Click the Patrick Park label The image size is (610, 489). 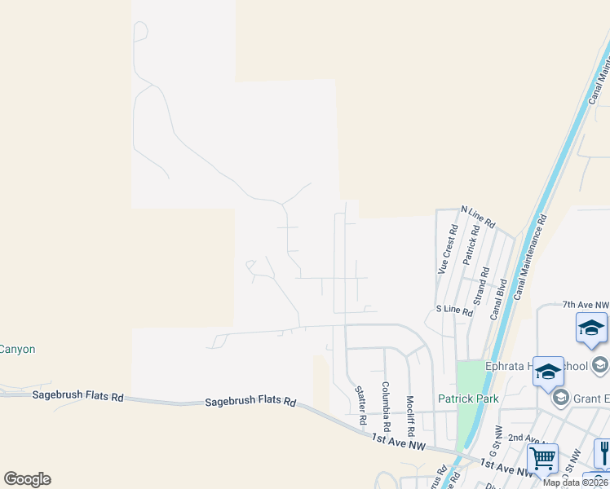click(x=468, y=399)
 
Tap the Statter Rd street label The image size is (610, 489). click(x=361, y=405)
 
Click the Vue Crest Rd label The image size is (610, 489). click(x=445, y=250)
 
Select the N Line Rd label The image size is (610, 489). click(x=478, y=216)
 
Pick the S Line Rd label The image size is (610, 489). click(x=454, y=311)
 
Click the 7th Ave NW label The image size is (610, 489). click(x=585, y=304)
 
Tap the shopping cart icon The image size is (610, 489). click(x=542, y=458)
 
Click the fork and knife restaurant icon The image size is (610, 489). click(x=604, y=452)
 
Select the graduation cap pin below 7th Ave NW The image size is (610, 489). click(x=591, y=328)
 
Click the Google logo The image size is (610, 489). click(x=27, y=479)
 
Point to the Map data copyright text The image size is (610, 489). click(x=576, y=482)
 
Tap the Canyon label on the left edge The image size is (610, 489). click(x=17, y=349)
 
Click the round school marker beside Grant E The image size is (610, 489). click(x=560, y=398)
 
